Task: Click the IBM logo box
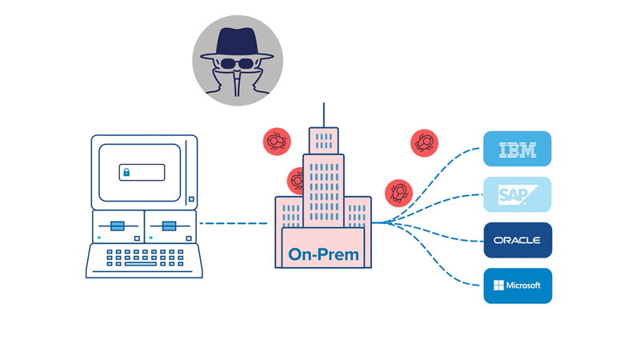point(518,149)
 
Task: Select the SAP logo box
point(518,194)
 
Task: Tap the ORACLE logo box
point(518,239)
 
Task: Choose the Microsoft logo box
point(518,286)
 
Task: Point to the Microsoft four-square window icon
point(499,286)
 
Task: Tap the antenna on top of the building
point(324,114)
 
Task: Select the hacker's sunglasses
point(237,65)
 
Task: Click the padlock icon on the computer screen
point(126,172)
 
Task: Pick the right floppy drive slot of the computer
point(169,226)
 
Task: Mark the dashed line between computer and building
point(233,223)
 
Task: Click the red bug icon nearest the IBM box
point(424,144)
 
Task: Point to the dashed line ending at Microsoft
point(448,264)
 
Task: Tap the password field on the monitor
point(142,172)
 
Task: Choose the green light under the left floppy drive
point(98,238)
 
